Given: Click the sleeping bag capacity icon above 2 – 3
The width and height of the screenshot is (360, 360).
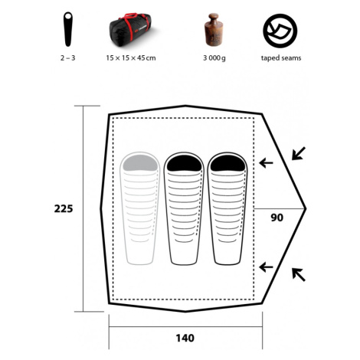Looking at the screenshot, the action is [x=68, y=29].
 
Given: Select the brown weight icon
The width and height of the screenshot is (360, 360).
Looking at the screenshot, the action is [x=214, y=30].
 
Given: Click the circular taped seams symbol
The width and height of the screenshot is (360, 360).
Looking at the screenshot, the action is [x=280, y=31].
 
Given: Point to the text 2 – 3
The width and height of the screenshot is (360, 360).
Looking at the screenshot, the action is [x=68, y=58].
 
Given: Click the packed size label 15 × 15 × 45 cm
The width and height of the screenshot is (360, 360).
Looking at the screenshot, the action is [x=131, y=58].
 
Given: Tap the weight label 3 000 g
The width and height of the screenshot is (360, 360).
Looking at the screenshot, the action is [x=214, y=58].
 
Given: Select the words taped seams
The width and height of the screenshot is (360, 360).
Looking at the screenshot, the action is [x=281, y=58].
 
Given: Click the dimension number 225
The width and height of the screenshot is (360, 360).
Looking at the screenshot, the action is [x=64, y=209].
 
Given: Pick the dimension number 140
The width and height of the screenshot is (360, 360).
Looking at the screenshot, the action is [x=185, y=338].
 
